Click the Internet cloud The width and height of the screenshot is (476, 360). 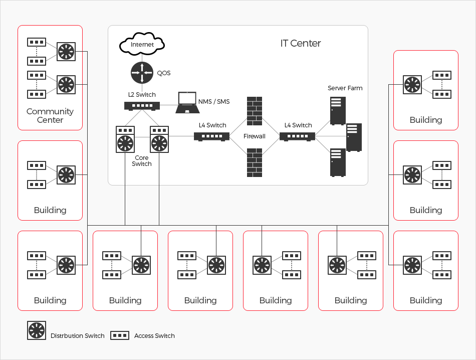point(142,45)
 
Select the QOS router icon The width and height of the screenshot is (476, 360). point(142,73)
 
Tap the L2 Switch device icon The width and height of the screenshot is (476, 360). point(142,105)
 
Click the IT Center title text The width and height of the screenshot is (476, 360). point(301,43)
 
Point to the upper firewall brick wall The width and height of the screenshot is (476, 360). point(255,111)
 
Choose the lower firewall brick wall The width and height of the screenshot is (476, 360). point(255,162)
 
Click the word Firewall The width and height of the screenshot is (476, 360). point(255,136)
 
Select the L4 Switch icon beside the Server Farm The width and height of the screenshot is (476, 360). point(297,136)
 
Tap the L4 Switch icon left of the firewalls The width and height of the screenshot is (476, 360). point(212,136)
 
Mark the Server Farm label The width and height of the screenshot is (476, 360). point(345,88)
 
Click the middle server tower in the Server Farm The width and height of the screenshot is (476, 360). point(354,137)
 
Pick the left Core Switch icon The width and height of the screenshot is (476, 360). point(125,139)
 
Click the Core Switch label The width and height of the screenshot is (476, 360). point(142,161)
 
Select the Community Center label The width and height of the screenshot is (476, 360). point(50,116)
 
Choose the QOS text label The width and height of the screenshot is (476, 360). point(164,73)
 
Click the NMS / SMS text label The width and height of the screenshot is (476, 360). point(214,102)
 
